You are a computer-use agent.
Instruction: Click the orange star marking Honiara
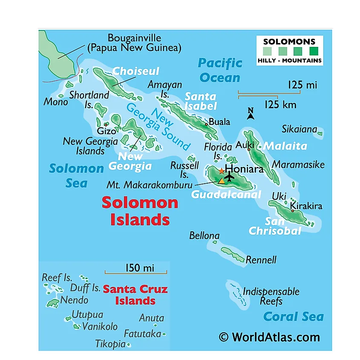pos(222,170)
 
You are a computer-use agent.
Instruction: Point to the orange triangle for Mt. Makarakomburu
pos(221,181)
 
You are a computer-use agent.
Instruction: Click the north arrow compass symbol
pos(251,113)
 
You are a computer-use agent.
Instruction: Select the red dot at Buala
pos(206,124)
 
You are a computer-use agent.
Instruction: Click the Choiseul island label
pos(135,71)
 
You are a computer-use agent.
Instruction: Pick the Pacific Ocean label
pos(220,70)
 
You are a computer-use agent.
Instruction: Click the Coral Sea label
pos(293,317)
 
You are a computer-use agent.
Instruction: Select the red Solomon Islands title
pos(140,210)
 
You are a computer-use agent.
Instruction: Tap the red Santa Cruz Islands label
pos(135,295)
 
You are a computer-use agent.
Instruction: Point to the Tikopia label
pos(110,344)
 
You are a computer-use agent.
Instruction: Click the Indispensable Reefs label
pos(271,297)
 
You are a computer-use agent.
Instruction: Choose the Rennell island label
pos(261,260)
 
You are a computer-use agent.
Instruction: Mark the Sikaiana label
pos(300,129)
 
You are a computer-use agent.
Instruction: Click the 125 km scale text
pos(280,104)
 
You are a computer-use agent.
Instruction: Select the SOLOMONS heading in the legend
pos(289,42)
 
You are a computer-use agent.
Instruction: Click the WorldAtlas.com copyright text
pos(269,337)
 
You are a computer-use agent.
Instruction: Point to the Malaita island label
pos(285,146)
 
